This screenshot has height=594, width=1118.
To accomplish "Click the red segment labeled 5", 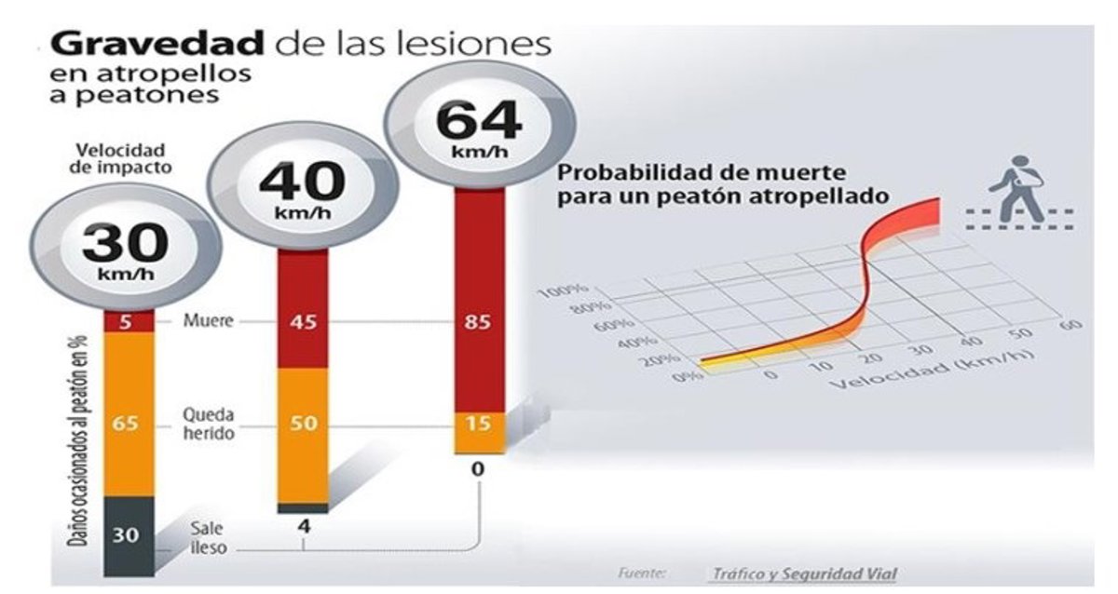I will tap(126, 321).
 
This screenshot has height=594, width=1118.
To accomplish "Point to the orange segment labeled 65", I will tap(126, 422).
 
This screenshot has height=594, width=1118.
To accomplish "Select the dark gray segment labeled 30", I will tap(126, 535).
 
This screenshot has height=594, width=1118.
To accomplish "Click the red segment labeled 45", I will tap(303, 321).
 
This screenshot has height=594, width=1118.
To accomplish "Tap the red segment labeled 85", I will tap(479, 321).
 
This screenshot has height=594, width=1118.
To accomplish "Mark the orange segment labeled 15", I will tap(479, 424).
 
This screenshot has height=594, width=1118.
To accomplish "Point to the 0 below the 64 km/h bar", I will tap(478, 469).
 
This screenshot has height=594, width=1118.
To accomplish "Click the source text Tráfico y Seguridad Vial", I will tap(803, 574).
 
